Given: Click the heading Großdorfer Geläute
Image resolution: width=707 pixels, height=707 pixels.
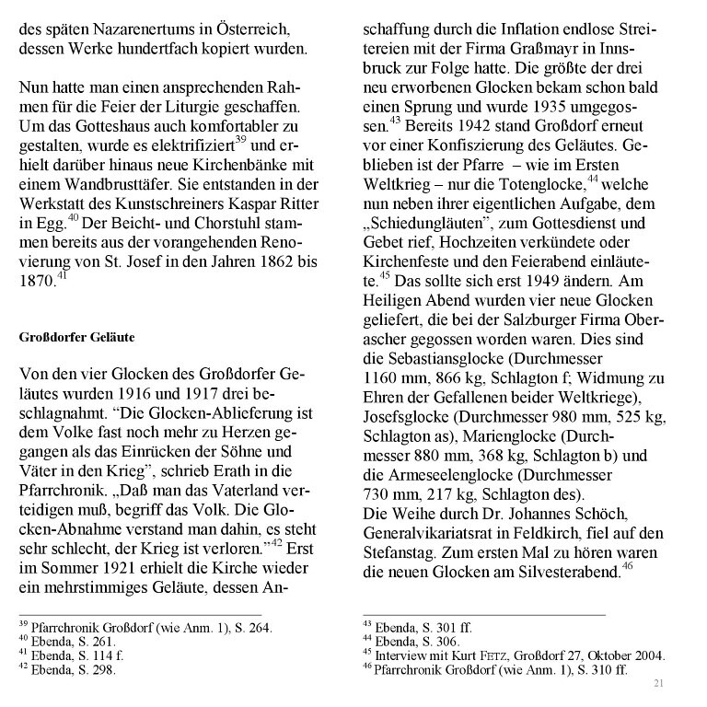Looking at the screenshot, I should pos(76,337).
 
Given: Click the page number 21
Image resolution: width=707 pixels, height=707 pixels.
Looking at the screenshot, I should pos(657,682).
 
